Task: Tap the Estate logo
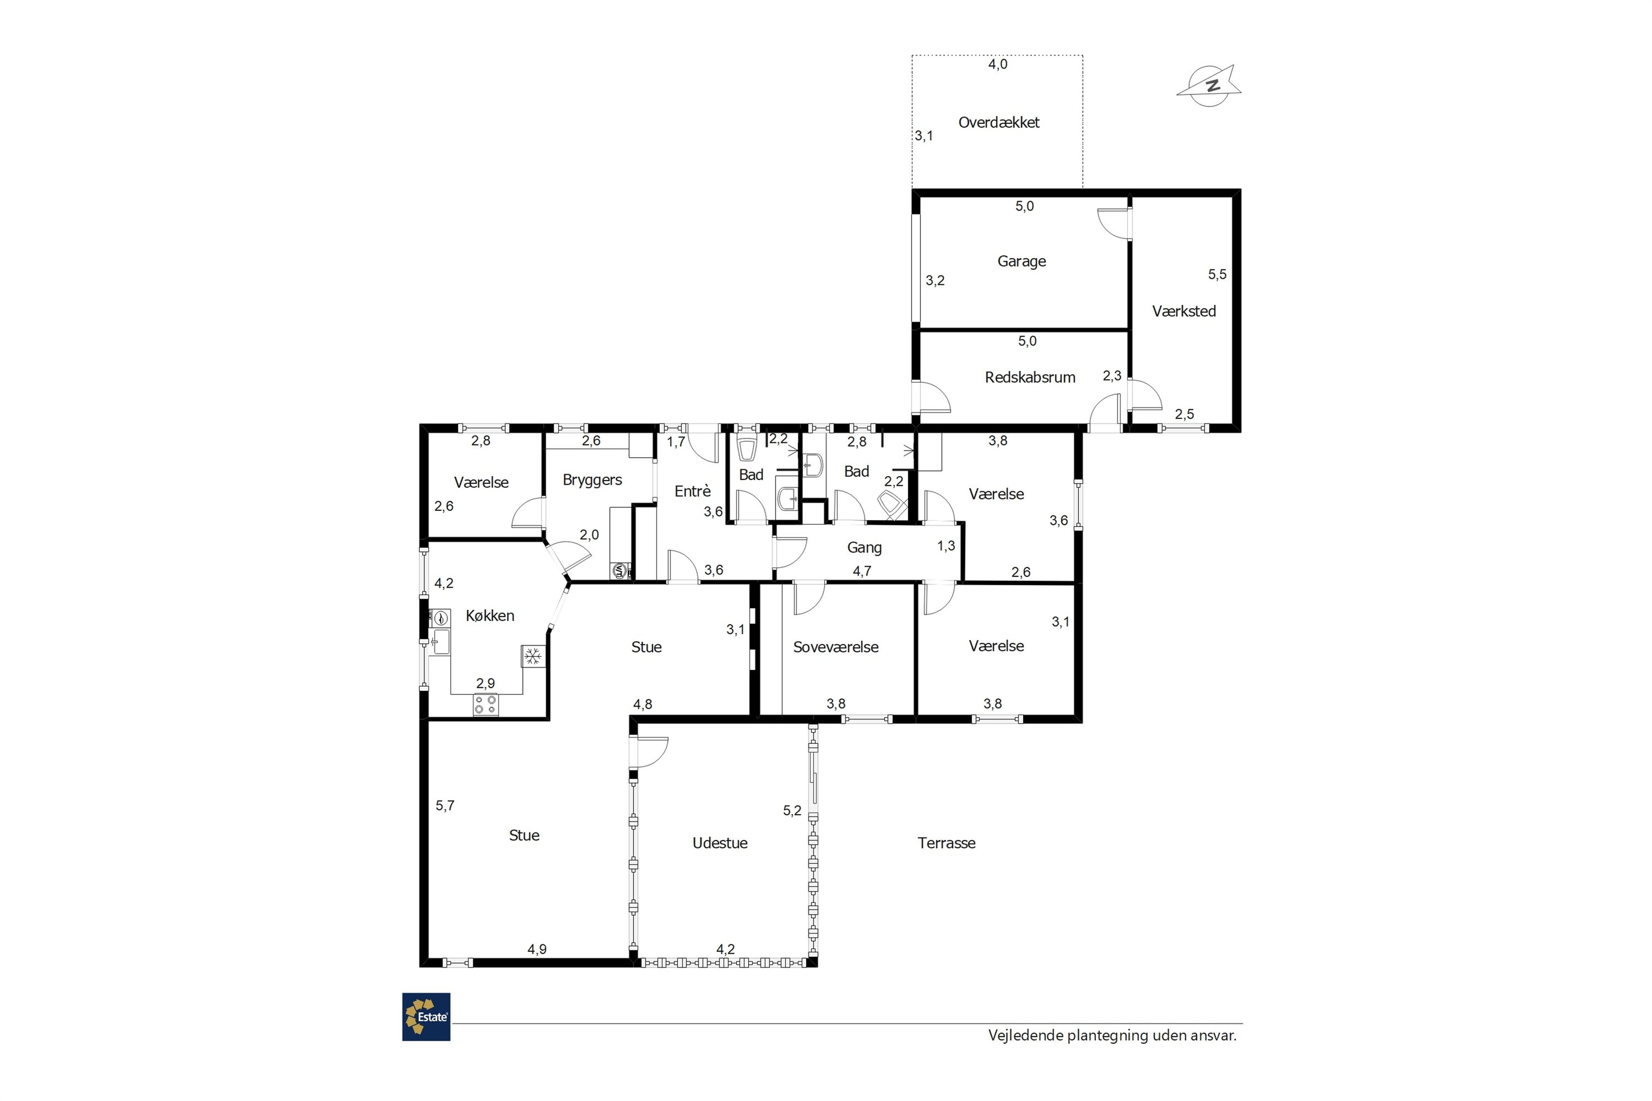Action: coord(426,1017)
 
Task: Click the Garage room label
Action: coord(1021,261)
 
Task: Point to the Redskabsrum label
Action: coord(1030,377)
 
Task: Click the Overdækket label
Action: coord(999,122)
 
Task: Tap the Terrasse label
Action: coord(946,843)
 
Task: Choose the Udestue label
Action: coord(720,843)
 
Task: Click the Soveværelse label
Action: coord(836,647)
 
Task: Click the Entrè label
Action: coord(693,491)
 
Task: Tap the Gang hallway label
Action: coord(864,548)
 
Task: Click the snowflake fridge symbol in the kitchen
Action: coord(533,657)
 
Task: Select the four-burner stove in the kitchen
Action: coord(485,704)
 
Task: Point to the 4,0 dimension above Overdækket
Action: coord(997,64)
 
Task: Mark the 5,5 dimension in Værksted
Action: coord(1217,275)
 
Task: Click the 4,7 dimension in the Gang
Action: coord(862,571)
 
